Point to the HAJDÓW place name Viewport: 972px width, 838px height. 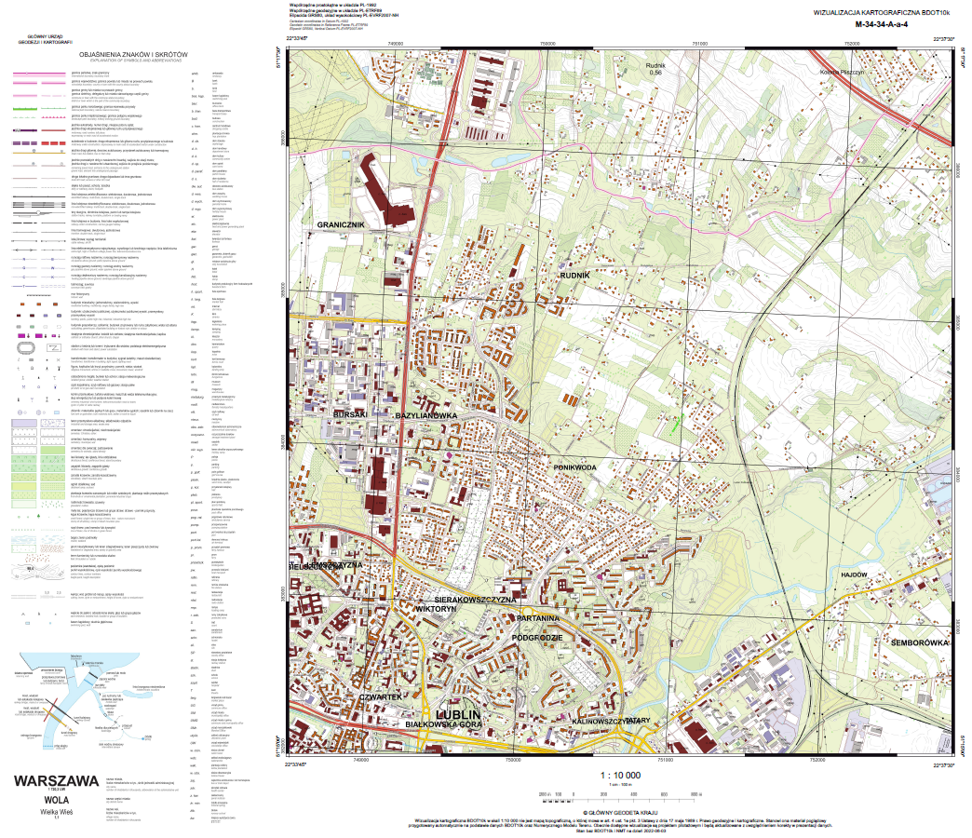[854, 576]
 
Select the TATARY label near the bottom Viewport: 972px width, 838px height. [637, 721]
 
